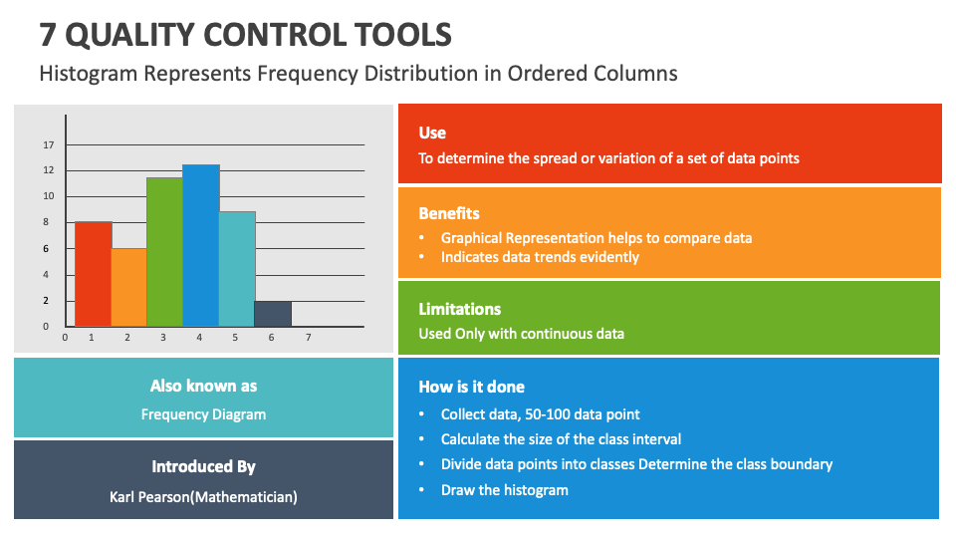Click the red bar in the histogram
[x=93, y=274]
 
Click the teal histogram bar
[x=237, y=269]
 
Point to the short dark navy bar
[x=273, y=314]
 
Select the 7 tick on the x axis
[x=309, y=338]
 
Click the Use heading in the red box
[x=432, y=133]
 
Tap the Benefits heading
[x=448, y=213]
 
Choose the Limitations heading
[x=459, y=309]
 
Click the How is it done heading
[x=471, y=387]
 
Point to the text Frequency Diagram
[x=203, y=414]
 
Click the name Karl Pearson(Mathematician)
[x=203, y=496]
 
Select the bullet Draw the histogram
[x=504, y=489]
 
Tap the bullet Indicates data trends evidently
[x=540, y=256]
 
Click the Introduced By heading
[x=203, y=466]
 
